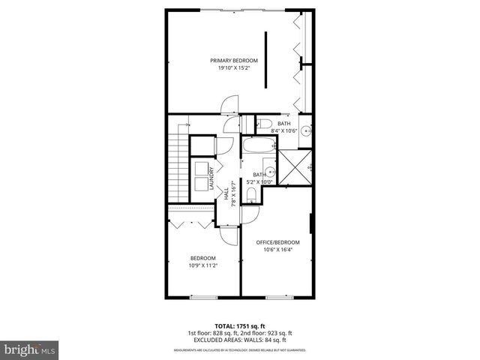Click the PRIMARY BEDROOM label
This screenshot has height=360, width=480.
(233, 60)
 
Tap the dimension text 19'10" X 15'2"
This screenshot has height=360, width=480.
(233, 68)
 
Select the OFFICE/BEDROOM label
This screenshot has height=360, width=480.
(277, 242)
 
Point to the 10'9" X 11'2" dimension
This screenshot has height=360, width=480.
(202, 265)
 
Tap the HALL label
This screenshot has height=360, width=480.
(226, 193)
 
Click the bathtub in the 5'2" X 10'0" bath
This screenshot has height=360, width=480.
(259, 146)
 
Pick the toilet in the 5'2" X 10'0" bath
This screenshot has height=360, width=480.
(253, 196)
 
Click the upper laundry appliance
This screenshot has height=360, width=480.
(201, 168)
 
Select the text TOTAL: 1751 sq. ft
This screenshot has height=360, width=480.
(239, 325)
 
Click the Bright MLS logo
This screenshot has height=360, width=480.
(30, 349)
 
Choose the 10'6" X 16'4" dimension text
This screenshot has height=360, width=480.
(277, 250)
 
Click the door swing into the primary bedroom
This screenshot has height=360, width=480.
(231, 104)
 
